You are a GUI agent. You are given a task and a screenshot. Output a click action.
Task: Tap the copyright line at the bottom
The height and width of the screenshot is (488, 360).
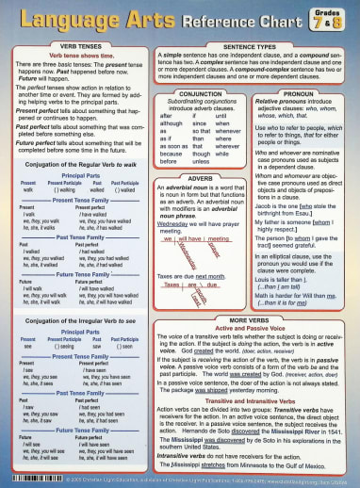coord(188,480)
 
